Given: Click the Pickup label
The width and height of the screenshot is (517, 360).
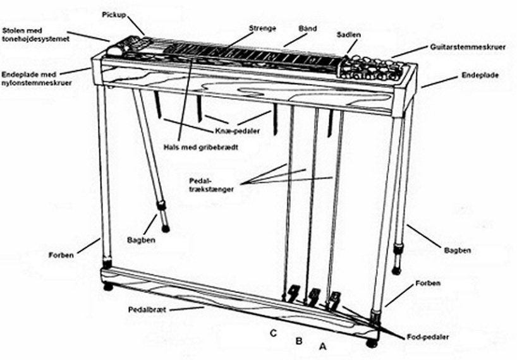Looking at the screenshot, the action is point(114,15).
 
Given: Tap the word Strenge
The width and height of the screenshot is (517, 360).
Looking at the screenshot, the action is point(262,28).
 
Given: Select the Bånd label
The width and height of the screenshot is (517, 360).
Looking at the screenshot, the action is point(308,28).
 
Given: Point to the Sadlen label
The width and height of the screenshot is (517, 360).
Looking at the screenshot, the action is point(348,35).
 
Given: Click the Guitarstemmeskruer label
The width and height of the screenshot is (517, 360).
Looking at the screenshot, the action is point(468,47).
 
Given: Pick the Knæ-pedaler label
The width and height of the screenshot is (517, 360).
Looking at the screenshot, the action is point(238,131).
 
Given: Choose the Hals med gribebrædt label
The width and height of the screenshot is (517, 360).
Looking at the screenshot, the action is point(201,147).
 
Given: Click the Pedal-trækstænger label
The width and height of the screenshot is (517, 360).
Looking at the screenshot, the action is point(211,185).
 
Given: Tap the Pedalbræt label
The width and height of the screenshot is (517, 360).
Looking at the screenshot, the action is point(147,310).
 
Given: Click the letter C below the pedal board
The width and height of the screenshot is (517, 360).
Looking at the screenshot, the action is point(273,333).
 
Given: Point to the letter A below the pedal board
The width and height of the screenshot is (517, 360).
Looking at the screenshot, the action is point(323,347).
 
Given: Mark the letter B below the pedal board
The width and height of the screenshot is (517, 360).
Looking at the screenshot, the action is point(299,341).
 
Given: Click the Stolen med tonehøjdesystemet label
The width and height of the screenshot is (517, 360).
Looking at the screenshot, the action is point(35,35).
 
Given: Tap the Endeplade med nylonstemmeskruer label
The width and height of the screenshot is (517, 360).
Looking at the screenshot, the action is point(36,79).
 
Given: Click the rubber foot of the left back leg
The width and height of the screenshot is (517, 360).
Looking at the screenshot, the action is point(165,228).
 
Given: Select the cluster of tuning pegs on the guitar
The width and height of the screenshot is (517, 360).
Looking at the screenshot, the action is point(370,69).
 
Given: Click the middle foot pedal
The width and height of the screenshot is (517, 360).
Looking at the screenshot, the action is point(314,296).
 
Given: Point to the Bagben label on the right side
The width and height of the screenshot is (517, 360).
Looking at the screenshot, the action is point(458,250).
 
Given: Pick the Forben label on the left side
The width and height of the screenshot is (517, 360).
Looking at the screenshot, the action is point(61,255).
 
